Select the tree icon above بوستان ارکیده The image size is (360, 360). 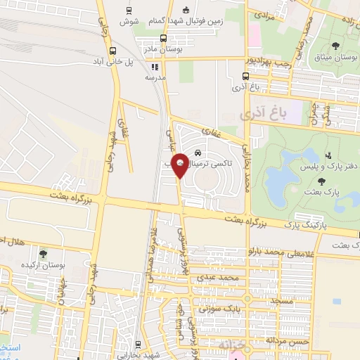(44, 254)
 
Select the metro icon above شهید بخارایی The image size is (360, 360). (136, 345)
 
